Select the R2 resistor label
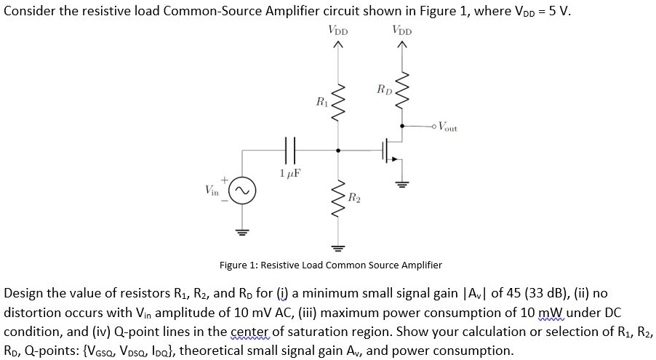coord(353,196)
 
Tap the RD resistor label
coord(384,90)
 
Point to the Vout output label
coord(447,128)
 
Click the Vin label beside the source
coord(213,190)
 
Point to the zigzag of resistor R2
coord(337,196)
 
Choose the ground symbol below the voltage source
coord(242,233)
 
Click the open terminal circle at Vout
coord(433,127)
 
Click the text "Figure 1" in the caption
coord(239,265)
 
